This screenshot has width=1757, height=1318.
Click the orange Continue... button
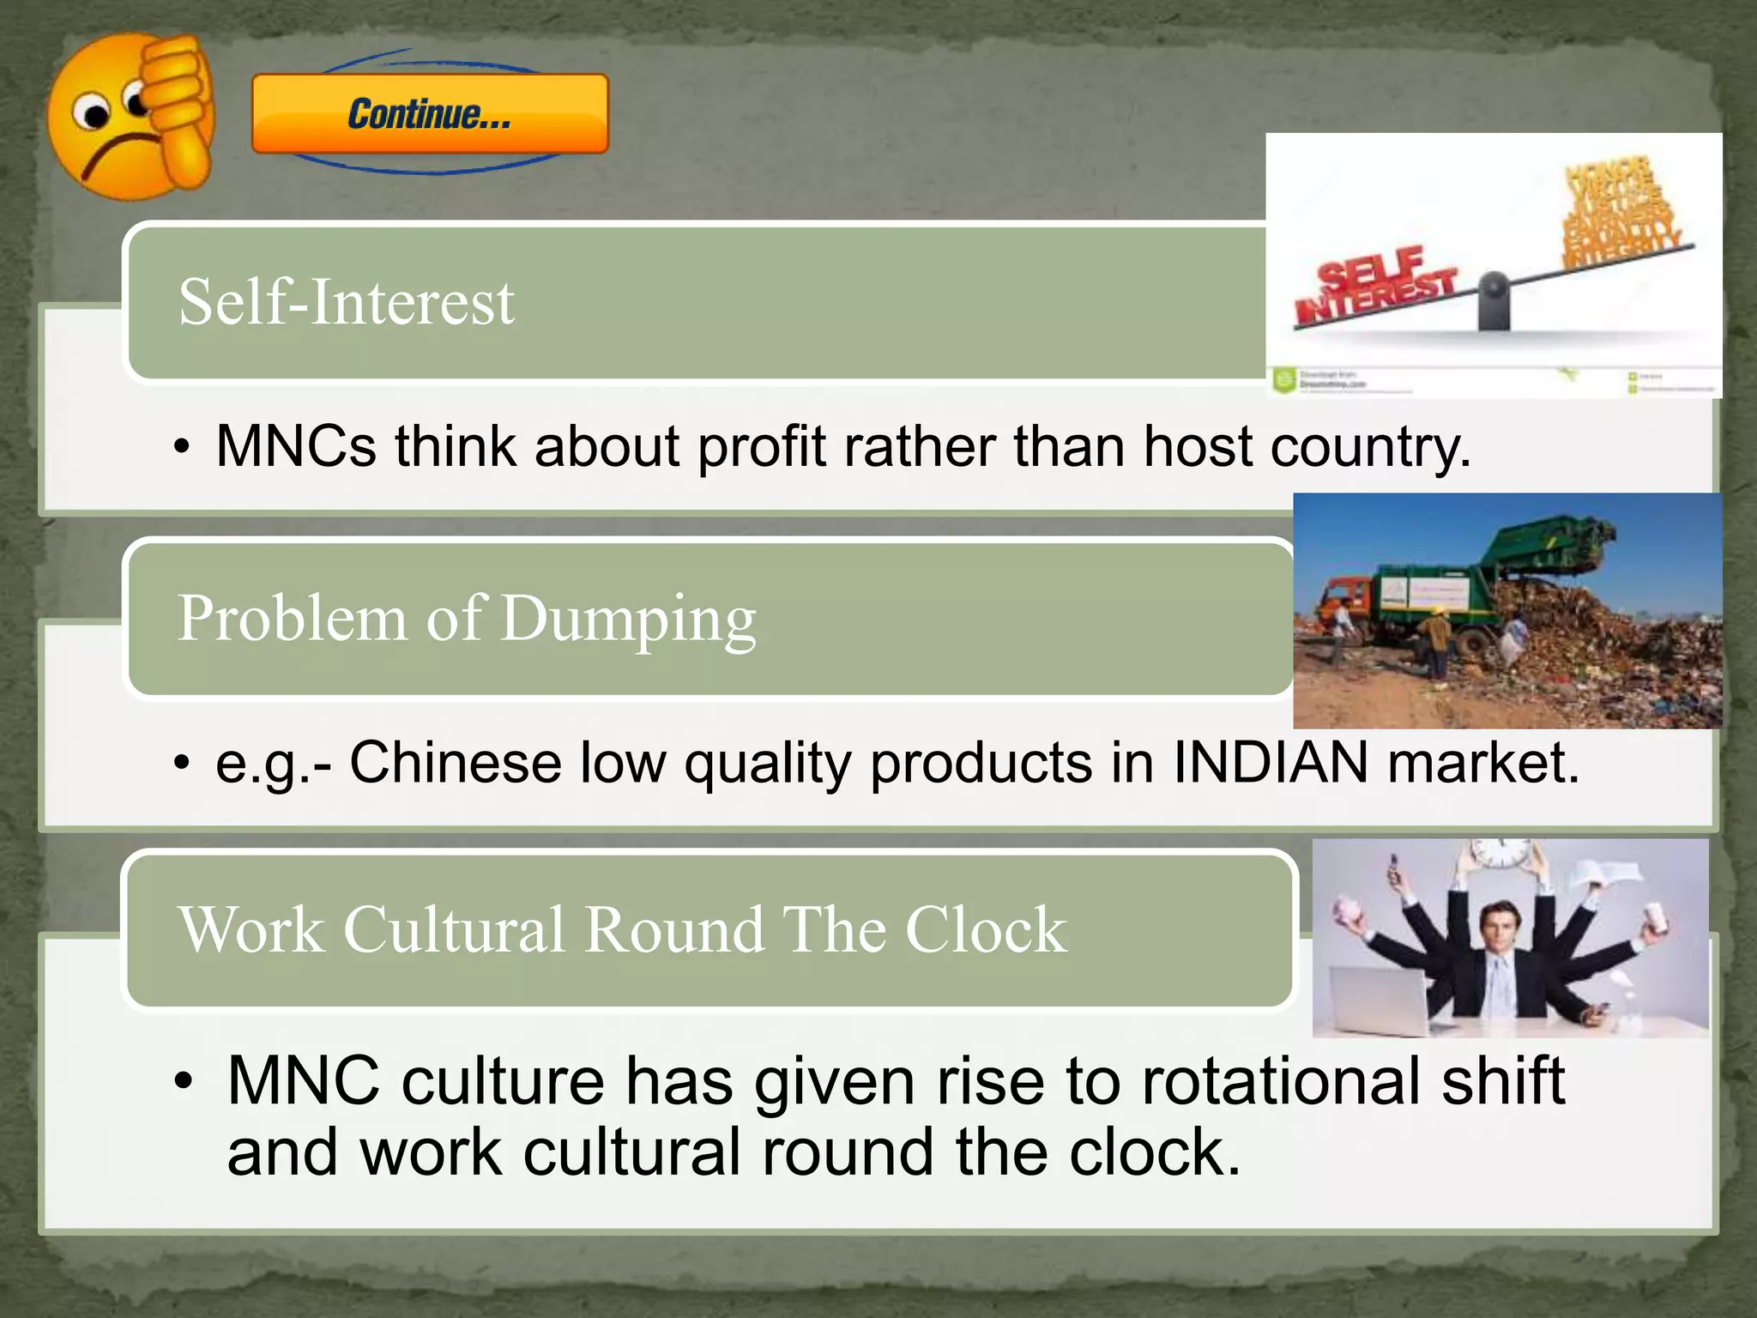tap(430, 114)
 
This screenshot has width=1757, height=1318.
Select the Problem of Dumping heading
tap(467, 618)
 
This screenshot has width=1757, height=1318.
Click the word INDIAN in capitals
tap(1270, 763)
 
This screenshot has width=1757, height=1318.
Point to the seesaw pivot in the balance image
tap(1494, 300)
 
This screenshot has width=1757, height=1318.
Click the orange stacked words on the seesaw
tap(1617, 210)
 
